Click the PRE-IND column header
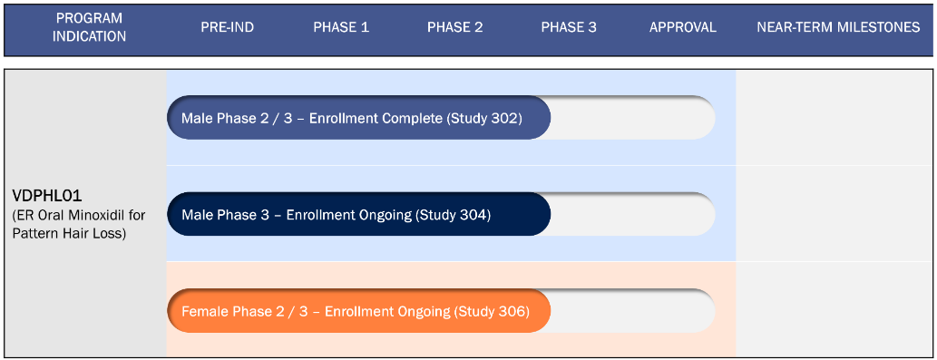click(x=227, y=27)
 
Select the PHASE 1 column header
click(x=341, y=27)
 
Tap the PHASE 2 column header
click(x=454, y=27)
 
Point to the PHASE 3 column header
click(x=569, y=27)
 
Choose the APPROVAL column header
click(x=682, y=27)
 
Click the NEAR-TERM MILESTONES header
click(x=838, y=27)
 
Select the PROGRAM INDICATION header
click(x=90, y=27)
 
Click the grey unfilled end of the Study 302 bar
click(x=632, y=118)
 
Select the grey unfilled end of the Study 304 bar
click(x=632, y=215)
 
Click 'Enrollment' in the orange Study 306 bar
click(x=356, y=312)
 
